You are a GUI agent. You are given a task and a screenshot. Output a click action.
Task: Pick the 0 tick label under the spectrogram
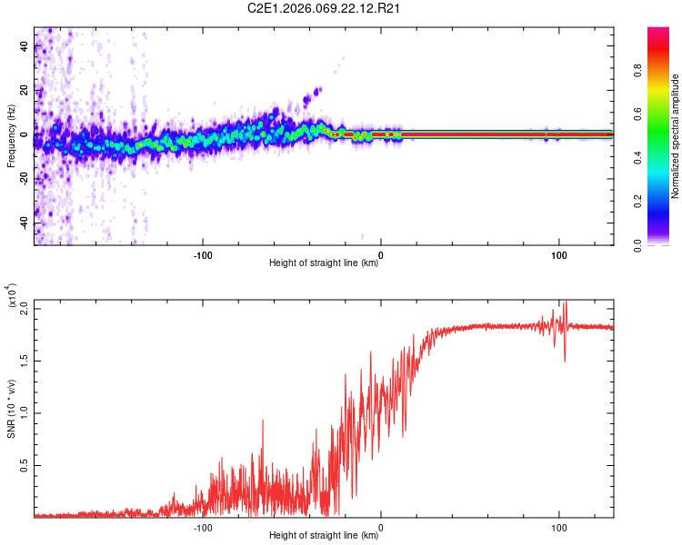point(381,253)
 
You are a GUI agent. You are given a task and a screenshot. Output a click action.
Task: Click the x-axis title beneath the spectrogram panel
point(324,263)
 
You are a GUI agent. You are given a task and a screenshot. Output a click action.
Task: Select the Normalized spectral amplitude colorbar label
point(676,136)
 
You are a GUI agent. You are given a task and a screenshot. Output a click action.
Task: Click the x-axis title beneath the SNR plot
point(324,536)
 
